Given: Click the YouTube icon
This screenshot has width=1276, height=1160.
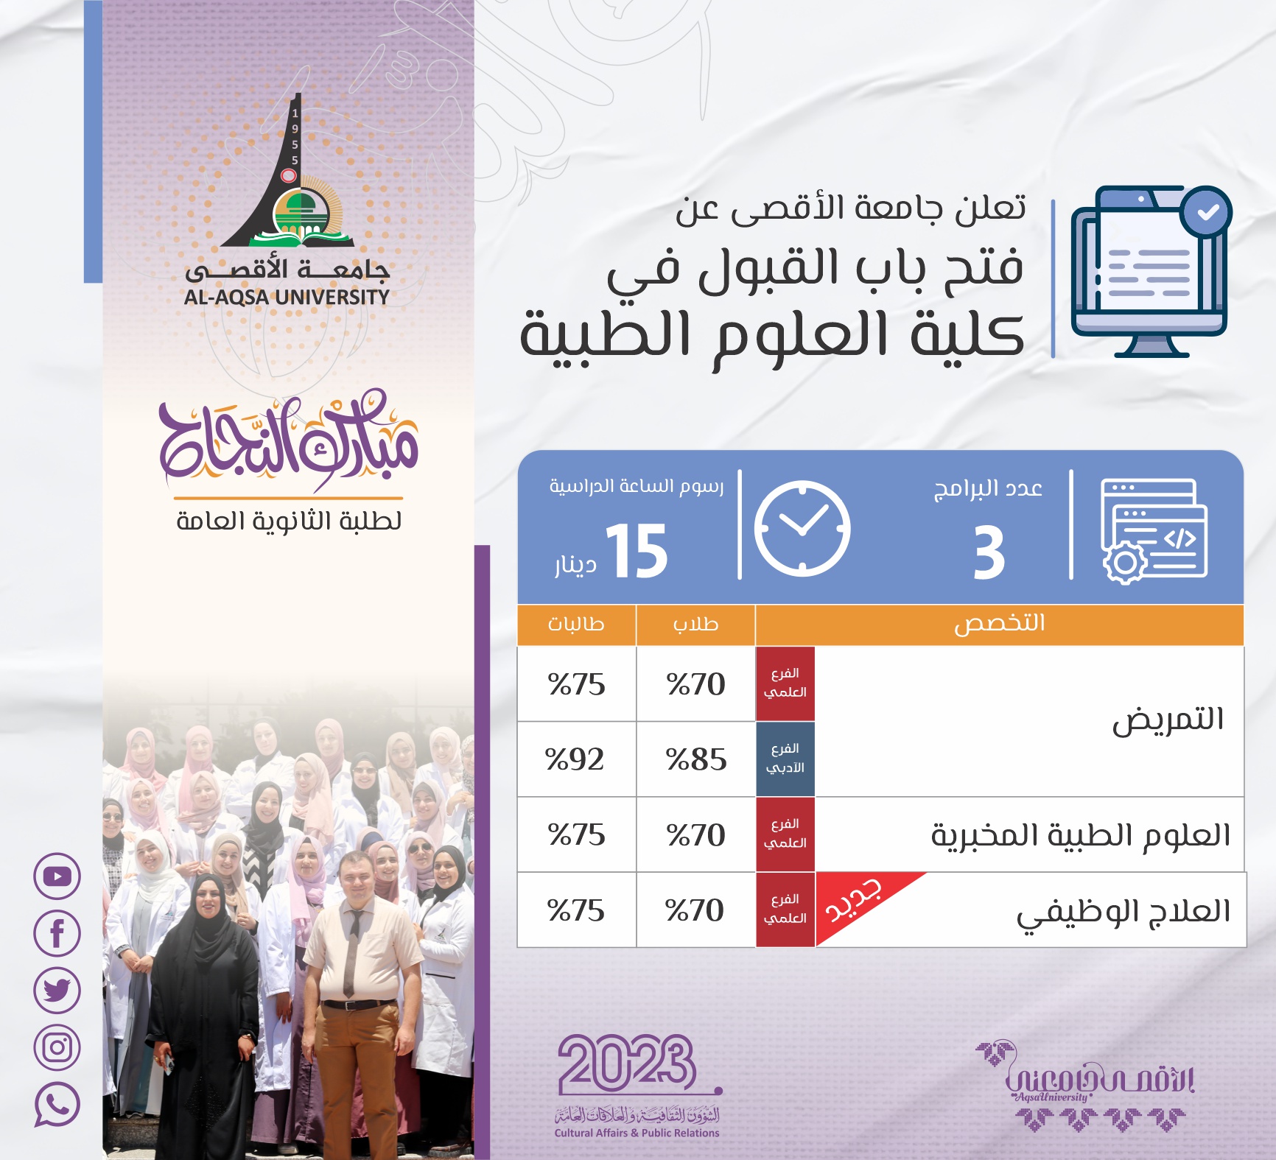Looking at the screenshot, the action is point(57,876).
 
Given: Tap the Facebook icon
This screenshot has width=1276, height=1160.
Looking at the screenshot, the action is point(57,933).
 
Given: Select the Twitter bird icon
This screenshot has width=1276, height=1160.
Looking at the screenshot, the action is point(57,990).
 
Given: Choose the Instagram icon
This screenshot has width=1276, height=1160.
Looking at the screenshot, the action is point(57,1047).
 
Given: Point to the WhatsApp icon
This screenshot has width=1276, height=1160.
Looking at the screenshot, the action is point(57,1104).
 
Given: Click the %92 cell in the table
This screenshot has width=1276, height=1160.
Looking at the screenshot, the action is point(575,759).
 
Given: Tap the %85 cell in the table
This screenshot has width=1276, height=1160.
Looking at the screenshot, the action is point(696,759).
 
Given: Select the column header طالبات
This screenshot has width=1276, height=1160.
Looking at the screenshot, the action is point(576,624).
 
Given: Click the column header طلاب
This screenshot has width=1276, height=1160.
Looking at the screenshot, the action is point(695,624).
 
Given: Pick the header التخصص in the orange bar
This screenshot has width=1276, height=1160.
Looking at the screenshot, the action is point(1000,623).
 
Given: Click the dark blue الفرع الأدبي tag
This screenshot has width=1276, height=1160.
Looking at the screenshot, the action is point(785,759).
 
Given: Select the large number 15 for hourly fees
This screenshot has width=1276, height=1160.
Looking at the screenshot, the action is point(637,550).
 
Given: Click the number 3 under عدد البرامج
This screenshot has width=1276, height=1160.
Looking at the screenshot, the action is point(989,552).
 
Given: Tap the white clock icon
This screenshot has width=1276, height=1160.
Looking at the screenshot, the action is point(802,528).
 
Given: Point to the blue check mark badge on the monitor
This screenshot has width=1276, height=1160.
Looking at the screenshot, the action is point(1206,212).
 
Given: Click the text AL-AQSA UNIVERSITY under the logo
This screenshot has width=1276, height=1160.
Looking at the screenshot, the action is point(287,298).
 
